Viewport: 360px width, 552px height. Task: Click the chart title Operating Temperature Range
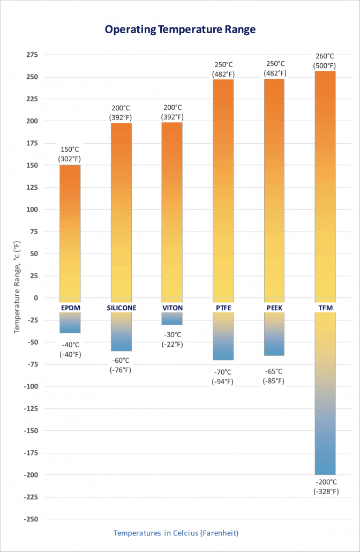click(x=179, y=29)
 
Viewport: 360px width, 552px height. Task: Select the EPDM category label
click(x=70, y=308)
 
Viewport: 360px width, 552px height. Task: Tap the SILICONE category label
click(x=121, y=308)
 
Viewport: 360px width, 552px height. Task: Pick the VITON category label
click(x=172, y=308)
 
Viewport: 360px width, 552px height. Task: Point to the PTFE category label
click(x=223, y=308)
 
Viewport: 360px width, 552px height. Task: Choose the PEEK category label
click(x=274, y=308)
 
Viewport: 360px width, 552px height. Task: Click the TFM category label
click(x=325, y=308)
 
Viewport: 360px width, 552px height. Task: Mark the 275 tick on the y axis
click(x=32, y=55)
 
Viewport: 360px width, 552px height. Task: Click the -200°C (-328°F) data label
click(x=326, y=486)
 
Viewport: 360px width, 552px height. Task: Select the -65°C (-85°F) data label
click(x=274, y=376)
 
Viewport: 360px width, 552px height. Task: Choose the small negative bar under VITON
click(x=172, y=319)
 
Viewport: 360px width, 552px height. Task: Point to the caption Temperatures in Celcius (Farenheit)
click(x=176, y=533)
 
